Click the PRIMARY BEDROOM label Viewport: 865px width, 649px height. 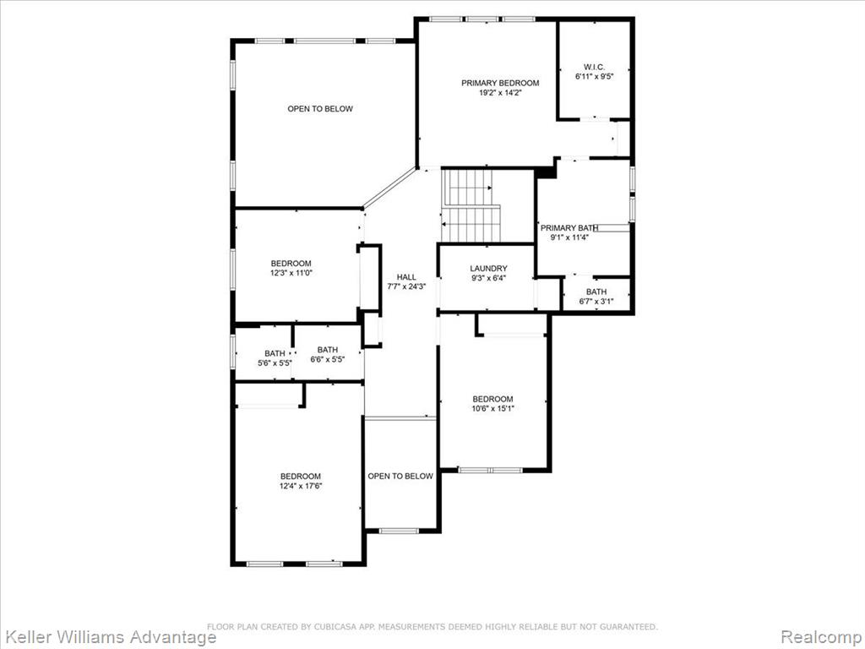click(x=500, y=83)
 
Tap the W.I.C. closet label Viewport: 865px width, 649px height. click(x=594, y=67)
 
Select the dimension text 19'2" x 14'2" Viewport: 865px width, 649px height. click(x=500, y=93)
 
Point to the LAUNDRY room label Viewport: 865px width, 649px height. click(x=488, y=268)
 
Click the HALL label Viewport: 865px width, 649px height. click(x=406, y=277)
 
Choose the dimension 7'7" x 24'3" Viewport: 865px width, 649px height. click(x=406, y=287)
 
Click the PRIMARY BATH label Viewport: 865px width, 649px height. click(x=569, y=228)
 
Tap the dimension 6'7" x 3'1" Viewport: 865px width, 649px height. click(x=596, y=302)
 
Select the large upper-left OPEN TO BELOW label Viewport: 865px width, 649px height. click(x=320, y=109)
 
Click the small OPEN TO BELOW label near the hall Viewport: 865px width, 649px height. click(x=400, y=476)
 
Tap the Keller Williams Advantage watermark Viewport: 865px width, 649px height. click(x=108, y=637)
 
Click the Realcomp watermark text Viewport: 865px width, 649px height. click(x=821, y=637)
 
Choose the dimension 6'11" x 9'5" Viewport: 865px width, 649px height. click(x=594, y=77)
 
